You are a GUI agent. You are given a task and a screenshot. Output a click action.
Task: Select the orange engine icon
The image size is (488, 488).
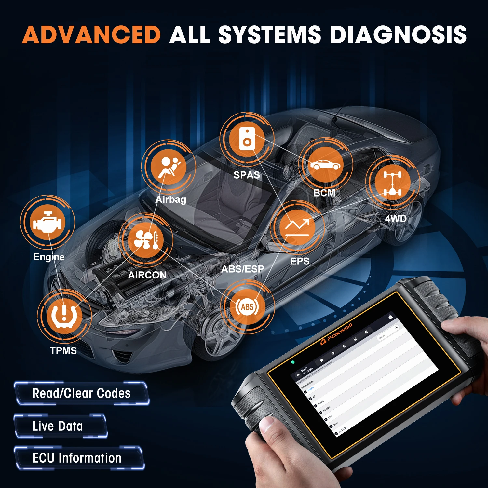coord(47,223)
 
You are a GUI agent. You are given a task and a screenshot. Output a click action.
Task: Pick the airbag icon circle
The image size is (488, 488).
coord(169,167)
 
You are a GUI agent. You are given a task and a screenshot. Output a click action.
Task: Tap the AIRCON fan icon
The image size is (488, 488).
coord(146,240)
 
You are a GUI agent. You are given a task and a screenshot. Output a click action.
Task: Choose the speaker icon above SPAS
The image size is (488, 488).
coord(247,139)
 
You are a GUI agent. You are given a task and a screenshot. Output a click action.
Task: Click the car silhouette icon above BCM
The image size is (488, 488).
coord(325,165)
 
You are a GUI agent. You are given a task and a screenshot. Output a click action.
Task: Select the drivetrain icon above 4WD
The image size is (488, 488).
coord(393,183)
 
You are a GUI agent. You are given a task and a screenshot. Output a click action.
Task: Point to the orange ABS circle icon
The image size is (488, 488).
coord(247,307)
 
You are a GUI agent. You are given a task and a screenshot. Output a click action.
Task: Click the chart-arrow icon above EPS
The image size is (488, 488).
coord(297,227)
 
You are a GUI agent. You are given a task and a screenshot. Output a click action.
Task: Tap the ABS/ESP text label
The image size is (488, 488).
coord(243,269)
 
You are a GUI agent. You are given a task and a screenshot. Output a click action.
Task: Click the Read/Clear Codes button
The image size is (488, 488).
coord(81,394)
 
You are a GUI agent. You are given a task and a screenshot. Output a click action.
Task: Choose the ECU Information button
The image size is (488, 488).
coord(77,458)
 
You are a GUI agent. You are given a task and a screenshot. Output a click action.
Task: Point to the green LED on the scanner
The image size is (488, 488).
coord(293,362)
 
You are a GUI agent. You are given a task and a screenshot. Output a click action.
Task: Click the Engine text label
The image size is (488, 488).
coord(49,257)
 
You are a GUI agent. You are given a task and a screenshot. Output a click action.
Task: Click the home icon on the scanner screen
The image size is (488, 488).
coord(322,360)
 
